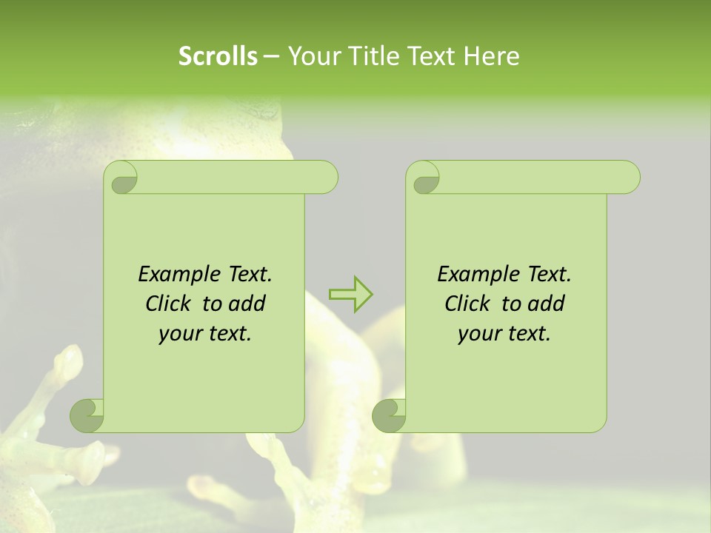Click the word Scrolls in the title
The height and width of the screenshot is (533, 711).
218,56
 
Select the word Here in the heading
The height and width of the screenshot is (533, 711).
492,56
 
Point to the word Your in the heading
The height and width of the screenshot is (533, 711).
313,56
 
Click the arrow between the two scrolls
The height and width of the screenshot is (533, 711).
350,295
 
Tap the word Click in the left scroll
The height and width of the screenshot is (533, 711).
170,304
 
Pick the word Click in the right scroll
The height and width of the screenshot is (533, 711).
469,304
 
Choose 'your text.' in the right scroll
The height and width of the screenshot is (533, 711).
504,334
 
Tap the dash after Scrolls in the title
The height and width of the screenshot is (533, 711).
271,57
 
